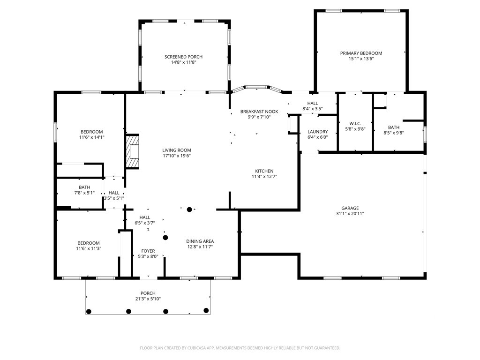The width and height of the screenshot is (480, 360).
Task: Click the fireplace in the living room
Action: point(133,151)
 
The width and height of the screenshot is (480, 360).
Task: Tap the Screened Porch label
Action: point(183,57)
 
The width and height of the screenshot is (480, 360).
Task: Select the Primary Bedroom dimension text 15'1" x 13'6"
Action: point(361,59)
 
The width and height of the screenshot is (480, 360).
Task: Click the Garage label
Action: point(350,208)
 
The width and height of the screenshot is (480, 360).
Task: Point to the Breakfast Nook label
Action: point(259,112)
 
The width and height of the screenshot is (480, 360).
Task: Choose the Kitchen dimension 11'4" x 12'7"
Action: point(264,177)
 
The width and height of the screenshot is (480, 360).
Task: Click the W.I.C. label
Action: point(355,124)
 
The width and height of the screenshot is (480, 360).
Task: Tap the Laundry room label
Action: point(317,132)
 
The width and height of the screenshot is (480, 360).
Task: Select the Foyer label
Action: point(148,251)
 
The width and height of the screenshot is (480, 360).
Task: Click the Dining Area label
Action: point(200,241)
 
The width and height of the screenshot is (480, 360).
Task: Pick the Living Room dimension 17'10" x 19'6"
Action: point(177,156)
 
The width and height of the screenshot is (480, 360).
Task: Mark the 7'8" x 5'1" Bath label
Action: point(84,187)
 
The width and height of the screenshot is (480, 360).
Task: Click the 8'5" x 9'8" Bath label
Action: point(394,127)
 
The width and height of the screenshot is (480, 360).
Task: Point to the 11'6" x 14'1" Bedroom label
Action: point(91,132)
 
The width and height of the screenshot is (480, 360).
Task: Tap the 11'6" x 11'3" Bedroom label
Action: point(89,243)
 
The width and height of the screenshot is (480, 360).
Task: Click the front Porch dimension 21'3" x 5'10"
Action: point(148,299)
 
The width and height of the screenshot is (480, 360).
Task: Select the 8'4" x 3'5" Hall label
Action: point(313,104)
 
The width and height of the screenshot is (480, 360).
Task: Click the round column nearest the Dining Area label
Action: point(165,238)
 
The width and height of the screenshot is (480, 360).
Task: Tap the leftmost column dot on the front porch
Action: point(89,312)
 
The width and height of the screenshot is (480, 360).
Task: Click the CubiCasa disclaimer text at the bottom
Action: point(240,348)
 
